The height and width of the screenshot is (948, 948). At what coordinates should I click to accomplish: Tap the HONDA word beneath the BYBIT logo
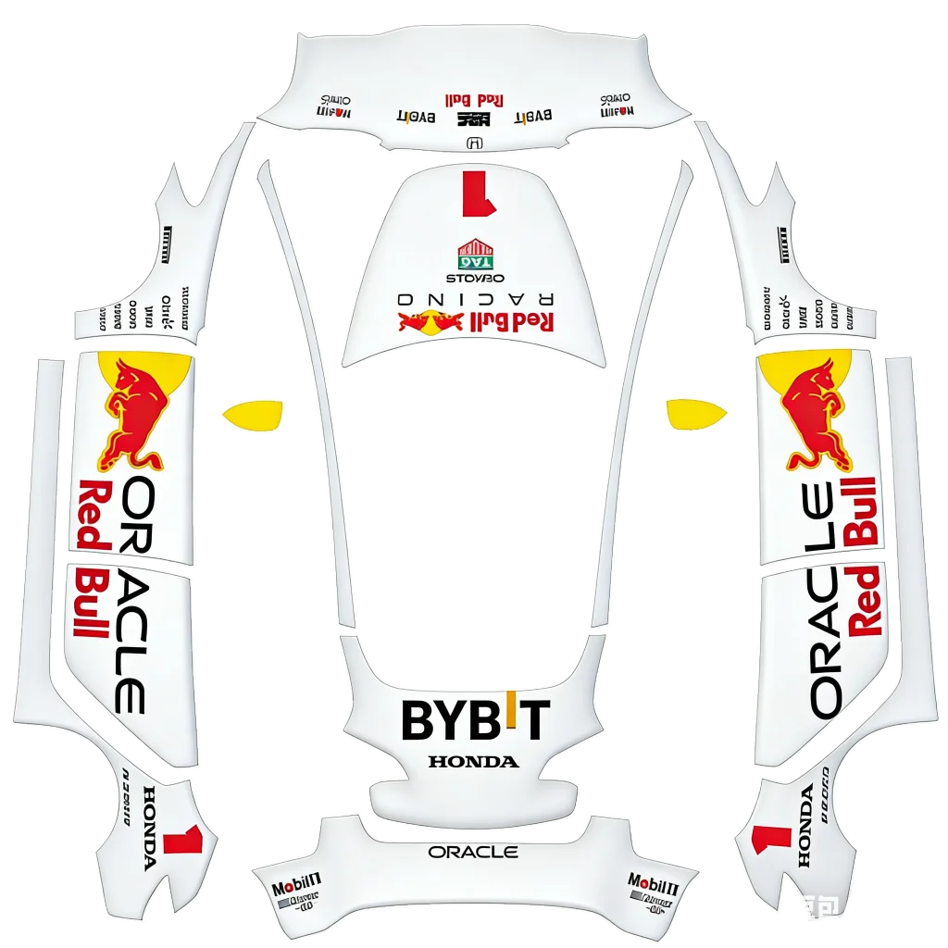click(x=473, y=762)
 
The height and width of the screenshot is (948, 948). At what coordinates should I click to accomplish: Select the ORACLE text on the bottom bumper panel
click(x=473, y=852)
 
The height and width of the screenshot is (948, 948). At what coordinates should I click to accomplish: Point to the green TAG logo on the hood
click(x=475, y=254)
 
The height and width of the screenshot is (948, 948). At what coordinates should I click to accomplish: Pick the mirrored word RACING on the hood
click(x=475, y=300)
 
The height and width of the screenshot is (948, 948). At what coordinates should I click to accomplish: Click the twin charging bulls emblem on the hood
click(x=430, y=322)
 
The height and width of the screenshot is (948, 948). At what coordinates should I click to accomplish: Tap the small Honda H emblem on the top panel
click(x=475, y=143)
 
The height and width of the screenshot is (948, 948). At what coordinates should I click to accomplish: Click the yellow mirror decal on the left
click(x=252, y=413)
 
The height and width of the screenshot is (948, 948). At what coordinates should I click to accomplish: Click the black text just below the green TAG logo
click(x=475, y=278)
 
